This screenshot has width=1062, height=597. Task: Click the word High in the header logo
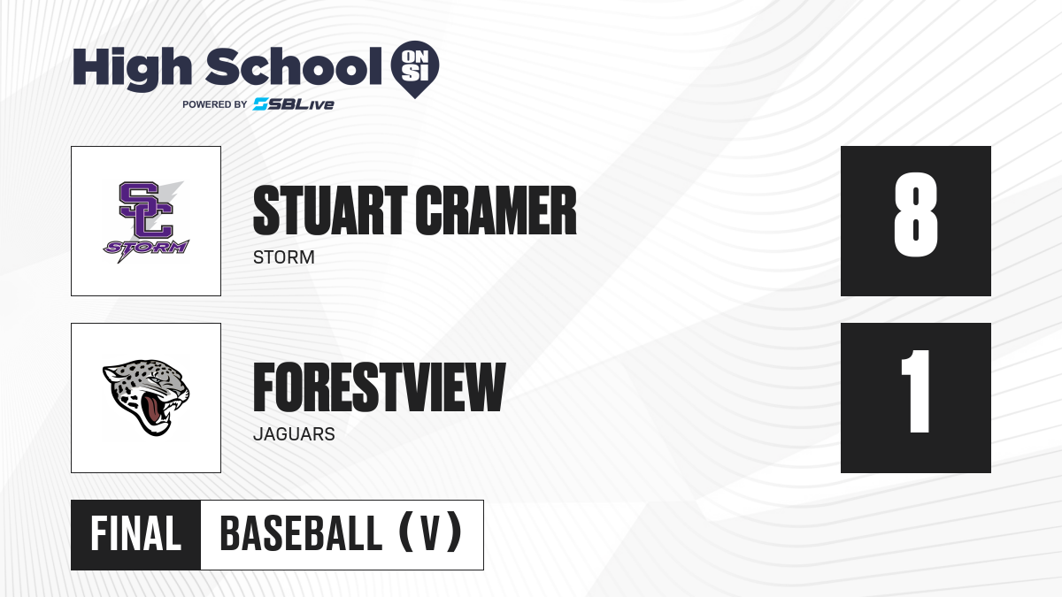pos(132,68)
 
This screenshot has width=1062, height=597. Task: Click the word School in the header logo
pos(294,66)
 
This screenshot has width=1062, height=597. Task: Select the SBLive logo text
pos(294,104)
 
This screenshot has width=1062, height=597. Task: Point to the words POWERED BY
pos(215,104)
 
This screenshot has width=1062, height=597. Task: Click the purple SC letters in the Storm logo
pos(146,210)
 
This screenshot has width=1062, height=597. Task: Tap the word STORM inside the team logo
pos(146,248)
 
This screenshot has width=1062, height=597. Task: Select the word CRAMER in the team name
pos(496,210)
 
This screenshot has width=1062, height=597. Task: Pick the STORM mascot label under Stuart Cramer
pos(284,257)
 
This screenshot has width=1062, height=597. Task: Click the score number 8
pos(915,215)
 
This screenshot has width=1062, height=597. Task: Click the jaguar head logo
pos(146,397)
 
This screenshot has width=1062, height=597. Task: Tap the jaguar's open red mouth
pos(154,409)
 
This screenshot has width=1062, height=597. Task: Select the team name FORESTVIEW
pos(380,387)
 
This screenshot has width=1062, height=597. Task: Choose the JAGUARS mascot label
pos(294,434)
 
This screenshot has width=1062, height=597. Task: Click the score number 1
pos(919,391)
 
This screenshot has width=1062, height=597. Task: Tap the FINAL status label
pos(135,534)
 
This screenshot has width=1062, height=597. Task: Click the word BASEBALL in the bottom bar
pos(301,534)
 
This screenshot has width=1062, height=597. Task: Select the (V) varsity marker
pos(430,532)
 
